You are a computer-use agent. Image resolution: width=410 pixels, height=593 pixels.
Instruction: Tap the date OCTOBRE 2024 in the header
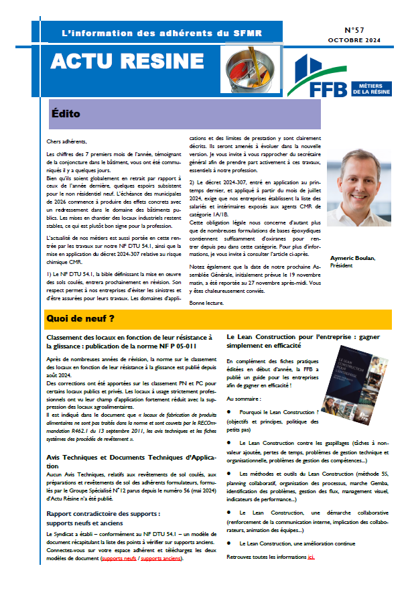click(353, 41)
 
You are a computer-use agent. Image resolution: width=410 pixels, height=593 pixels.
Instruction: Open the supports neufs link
click(120, 557)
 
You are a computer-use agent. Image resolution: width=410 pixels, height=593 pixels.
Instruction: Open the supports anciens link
click(161, 557)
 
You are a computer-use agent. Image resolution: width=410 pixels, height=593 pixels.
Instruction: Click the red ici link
click(311, 557)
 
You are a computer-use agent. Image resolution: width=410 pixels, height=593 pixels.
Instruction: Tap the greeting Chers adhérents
click(67, 141)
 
